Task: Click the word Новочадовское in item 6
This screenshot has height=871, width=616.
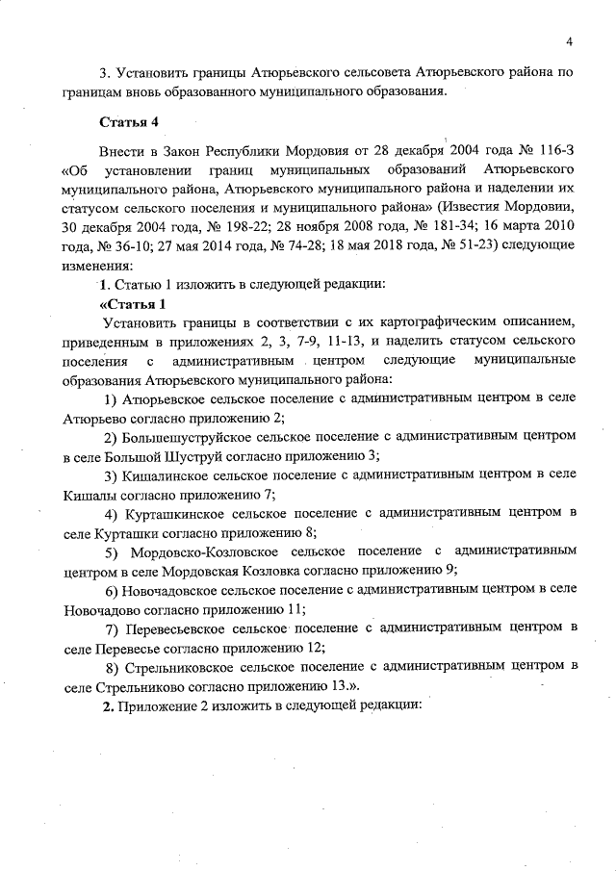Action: pos(167,589)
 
